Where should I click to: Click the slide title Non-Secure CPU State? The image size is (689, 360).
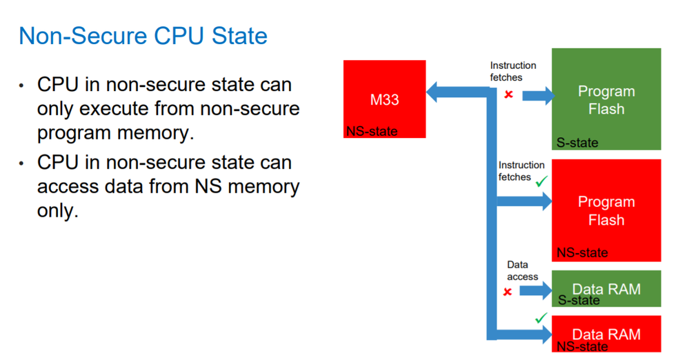click(x=143, y=36)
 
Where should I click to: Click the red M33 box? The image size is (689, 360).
click(x=384, y=99)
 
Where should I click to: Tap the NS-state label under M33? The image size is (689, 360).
click(x=372, y=132)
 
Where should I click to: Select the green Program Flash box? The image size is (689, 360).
click(x=606, y=99)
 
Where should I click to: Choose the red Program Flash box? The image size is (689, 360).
click(x=606, y=210)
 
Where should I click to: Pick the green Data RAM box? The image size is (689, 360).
click(x=606, y=288)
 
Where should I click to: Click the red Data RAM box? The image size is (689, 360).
click(x=606, y=334)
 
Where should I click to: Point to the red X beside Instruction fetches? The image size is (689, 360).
click(x=509, y=94)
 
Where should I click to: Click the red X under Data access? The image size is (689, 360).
click(x=508, y=292)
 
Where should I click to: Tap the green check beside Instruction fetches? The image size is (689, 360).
click(x=541, y=181)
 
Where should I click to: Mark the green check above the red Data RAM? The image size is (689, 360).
click(x=541, y=318)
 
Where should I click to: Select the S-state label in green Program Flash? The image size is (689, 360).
click(x=577, y=143)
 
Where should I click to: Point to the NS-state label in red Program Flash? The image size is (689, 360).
click(x=582, y=253)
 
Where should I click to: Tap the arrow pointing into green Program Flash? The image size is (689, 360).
click(x=538, y=95)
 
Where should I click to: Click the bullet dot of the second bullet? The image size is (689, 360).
click(x=22, y=163)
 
